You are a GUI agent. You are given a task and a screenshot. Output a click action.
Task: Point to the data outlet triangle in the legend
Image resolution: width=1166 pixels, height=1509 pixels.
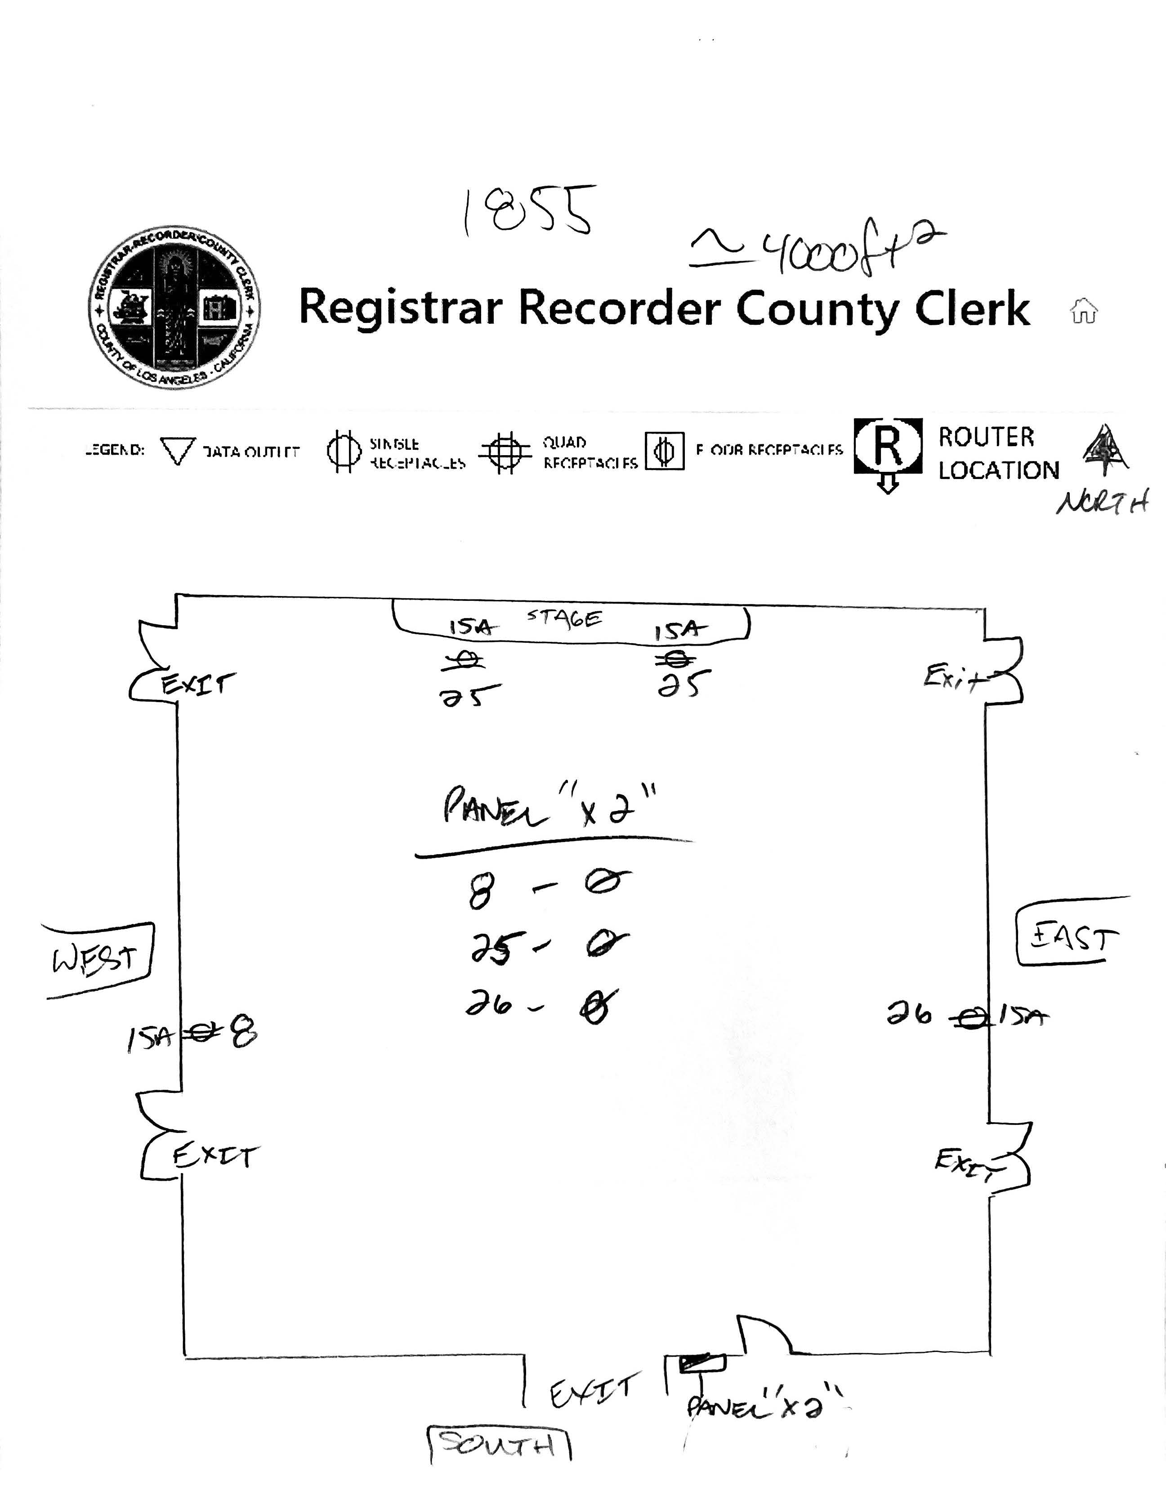point(178,451)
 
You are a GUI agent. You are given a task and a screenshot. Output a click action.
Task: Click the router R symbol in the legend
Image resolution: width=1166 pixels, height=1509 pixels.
point(888,447)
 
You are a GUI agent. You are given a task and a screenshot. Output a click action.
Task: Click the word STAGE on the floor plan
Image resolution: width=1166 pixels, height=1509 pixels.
point(564,617)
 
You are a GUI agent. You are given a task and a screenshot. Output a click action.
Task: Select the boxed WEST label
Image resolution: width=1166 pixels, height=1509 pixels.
point(97,960)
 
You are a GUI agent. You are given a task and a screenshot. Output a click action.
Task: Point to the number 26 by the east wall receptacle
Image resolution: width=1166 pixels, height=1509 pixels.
point(909,1014)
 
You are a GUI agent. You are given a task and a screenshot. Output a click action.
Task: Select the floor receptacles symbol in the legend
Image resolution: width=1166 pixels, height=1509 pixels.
point(665,451)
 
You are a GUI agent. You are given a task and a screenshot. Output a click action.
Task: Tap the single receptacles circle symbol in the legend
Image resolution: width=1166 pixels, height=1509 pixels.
point(343,451)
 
